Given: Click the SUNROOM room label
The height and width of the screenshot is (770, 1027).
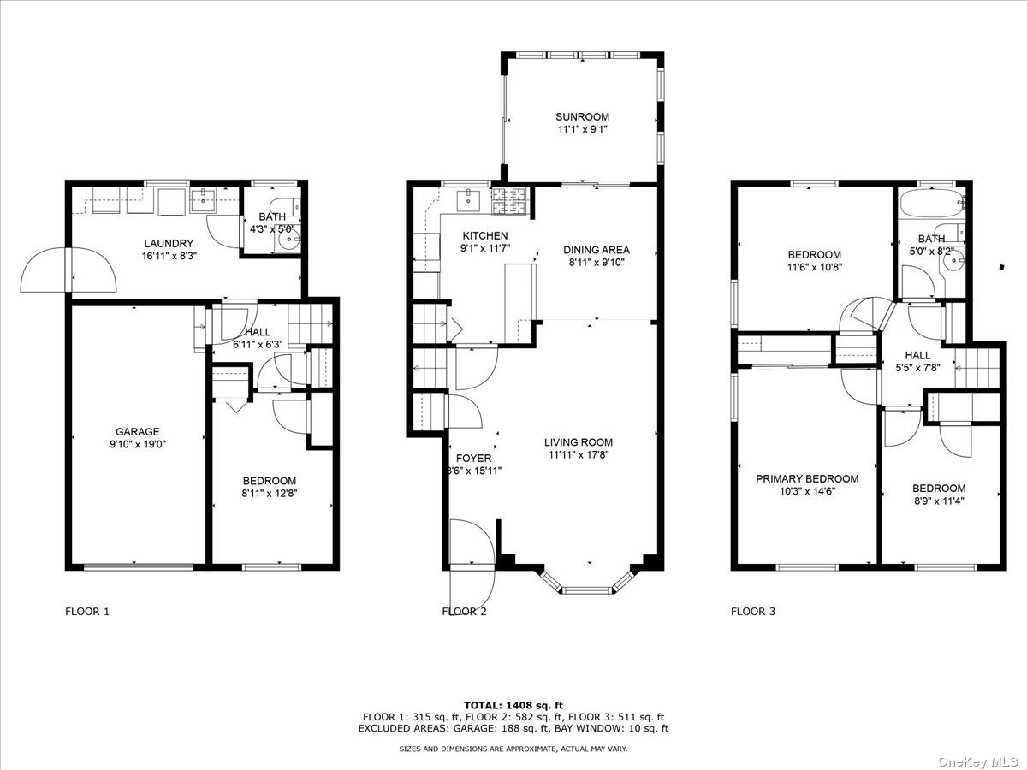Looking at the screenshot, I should tap(582, 117).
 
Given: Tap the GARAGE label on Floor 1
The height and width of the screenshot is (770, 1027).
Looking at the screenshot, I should tap(138, 432).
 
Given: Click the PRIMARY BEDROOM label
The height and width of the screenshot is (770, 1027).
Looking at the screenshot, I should tap(806, 479).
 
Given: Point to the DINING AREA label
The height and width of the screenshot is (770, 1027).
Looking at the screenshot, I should tap(596, 250).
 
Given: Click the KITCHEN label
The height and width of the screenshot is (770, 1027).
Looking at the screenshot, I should tap(485, 236).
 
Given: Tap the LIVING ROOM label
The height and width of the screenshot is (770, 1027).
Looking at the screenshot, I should tap(579, 442).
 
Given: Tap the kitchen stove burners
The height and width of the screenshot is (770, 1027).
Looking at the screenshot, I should tap(511, 204).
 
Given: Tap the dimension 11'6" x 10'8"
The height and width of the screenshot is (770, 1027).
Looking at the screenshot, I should tap(814, 267).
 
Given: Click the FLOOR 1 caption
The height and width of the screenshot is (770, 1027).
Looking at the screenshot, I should tap(87, 612).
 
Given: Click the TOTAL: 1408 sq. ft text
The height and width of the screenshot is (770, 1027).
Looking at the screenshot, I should tap(513, 704).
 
